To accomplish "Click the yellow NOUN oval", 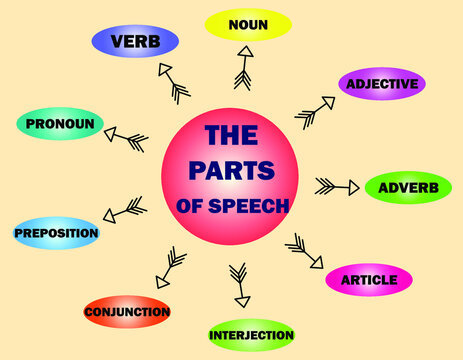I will pyautogui.click(x=248, y=24).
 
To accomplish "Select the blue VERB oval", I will pyautogui.click(x=135, y=42).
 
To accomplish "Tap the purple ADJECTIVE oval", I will pyautogui.click(x=382, y=84).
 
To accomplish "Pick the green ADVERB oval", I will pyautogui.click(x=408, y=187).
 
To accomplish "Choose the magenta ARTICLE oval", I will pyautogui.click(x=369, y=279).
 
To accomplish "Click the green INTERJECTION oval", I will pyautogui.click(x=251, y=335).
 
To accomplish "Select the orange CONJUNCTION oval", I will pyautogui.click(x=127, y=312).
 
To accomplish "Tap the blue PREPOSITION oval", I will pyautogui.click(x=56, y=233).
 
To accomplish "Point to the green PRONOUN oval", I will pyautogui.click(x=60, y=124).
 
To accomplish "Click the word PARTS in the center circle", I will pyautogui.click(x=230, y=171).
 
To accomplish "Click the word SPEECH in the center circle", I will pyautogui.click(x=251, y=206).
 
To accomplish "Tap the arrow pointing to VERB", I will pyautogui.click(x=173, y=83).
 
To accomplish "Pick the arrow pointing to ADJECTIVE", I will pyautogui.click(x=316, y=112).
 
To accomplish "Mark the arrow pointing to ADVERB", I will pyautogui.click(x=337, y=187).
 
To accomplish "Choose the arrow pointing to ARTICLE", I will pyautogui.click(x=304, y=252).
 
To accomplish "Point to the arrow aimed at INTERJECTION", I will pyautogui.click(x=239, y=285).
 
